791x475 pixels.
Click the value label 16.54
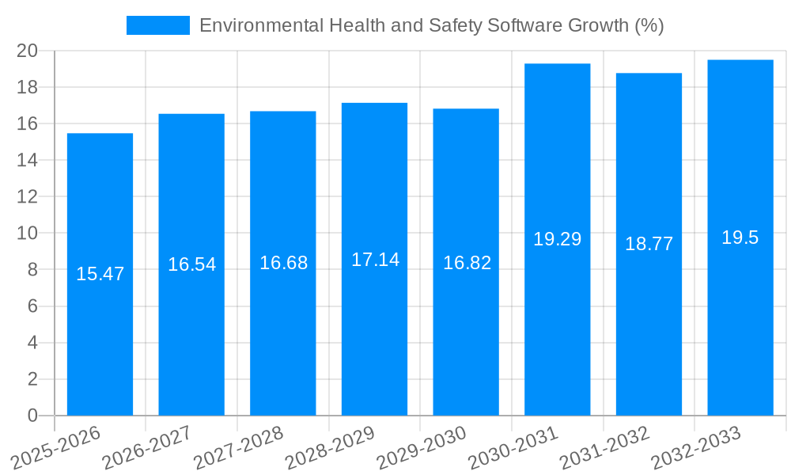[x=191, y=264]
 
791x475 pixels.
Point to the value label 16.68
[x=283, y=263]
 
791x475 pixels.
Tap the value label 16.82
[x=467, y=263]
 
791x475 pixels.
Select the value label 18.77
[x=649, y=244]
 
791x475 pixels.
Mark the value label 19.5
[x=740, y=237]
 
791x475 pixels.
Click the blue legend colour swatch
[x=158, y=25]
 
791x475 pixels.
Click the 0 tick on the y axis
[x=32, y=416]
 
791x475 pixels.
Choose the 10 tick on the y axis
[x=28, y=234]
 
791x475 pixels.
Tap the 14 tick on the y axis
[x=28, y=160]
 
